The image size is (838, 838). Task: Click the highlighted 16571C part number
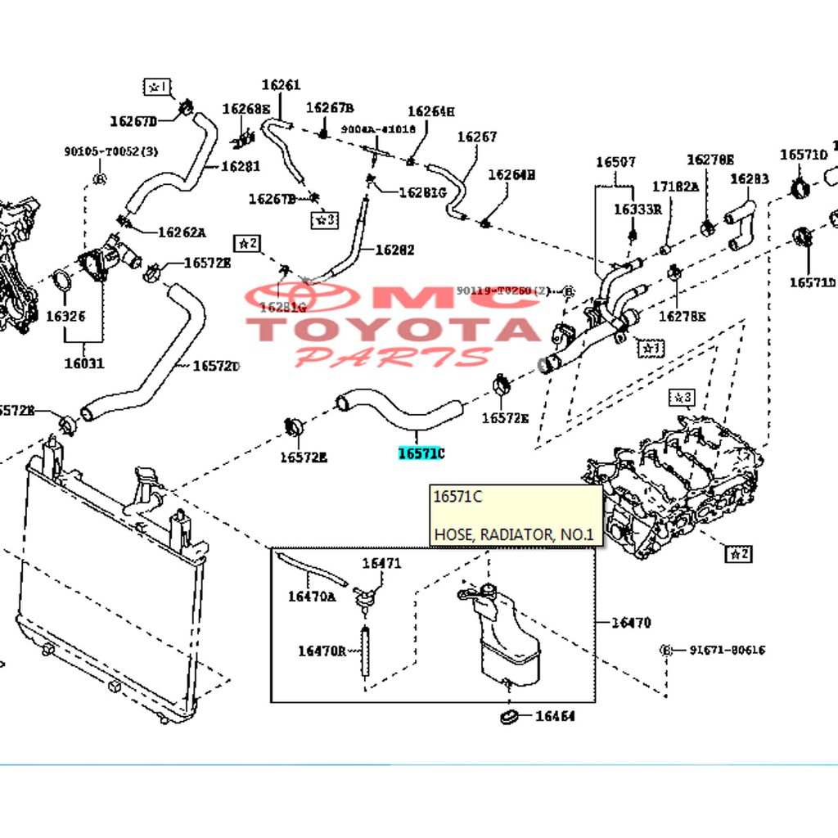click(x=421, y=453)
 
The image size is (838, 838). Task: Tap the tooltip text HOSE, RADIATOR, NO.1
click(x=516, y=535)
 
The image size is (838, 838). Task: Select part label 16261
click(x=281, y=84)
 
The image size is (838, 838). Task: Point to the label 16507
click(x=615, y=162)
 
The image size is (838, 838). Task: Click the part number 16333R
click(x=638, y=209)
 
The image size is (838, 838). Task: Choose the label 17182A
click(x=675, y=187)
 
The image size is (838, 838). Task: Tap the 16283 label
click(x=749, y=178)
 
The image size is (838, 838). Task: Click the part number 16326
click(x=65, y=315)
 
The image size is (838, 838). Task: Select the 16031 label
click(x=84, y=363)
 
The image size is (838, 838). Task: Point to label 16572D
click(x=216, y=366)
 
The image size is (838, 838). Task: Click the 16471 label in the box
click(x=381, y=563)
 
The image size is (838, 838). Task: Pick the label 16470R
click(x=322, y=651)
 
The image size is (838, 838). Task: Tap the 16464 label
click(x=555, y=717)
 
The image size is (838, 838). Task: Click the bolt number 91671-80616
click(x=727, y=650)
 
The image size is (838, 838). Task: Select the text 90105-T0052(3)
click(x=99, y=151)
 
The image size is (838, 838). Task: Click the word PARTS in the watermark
click(x=393, y=357)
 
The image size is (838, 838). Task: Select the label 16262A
click(x=181, y=232)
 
